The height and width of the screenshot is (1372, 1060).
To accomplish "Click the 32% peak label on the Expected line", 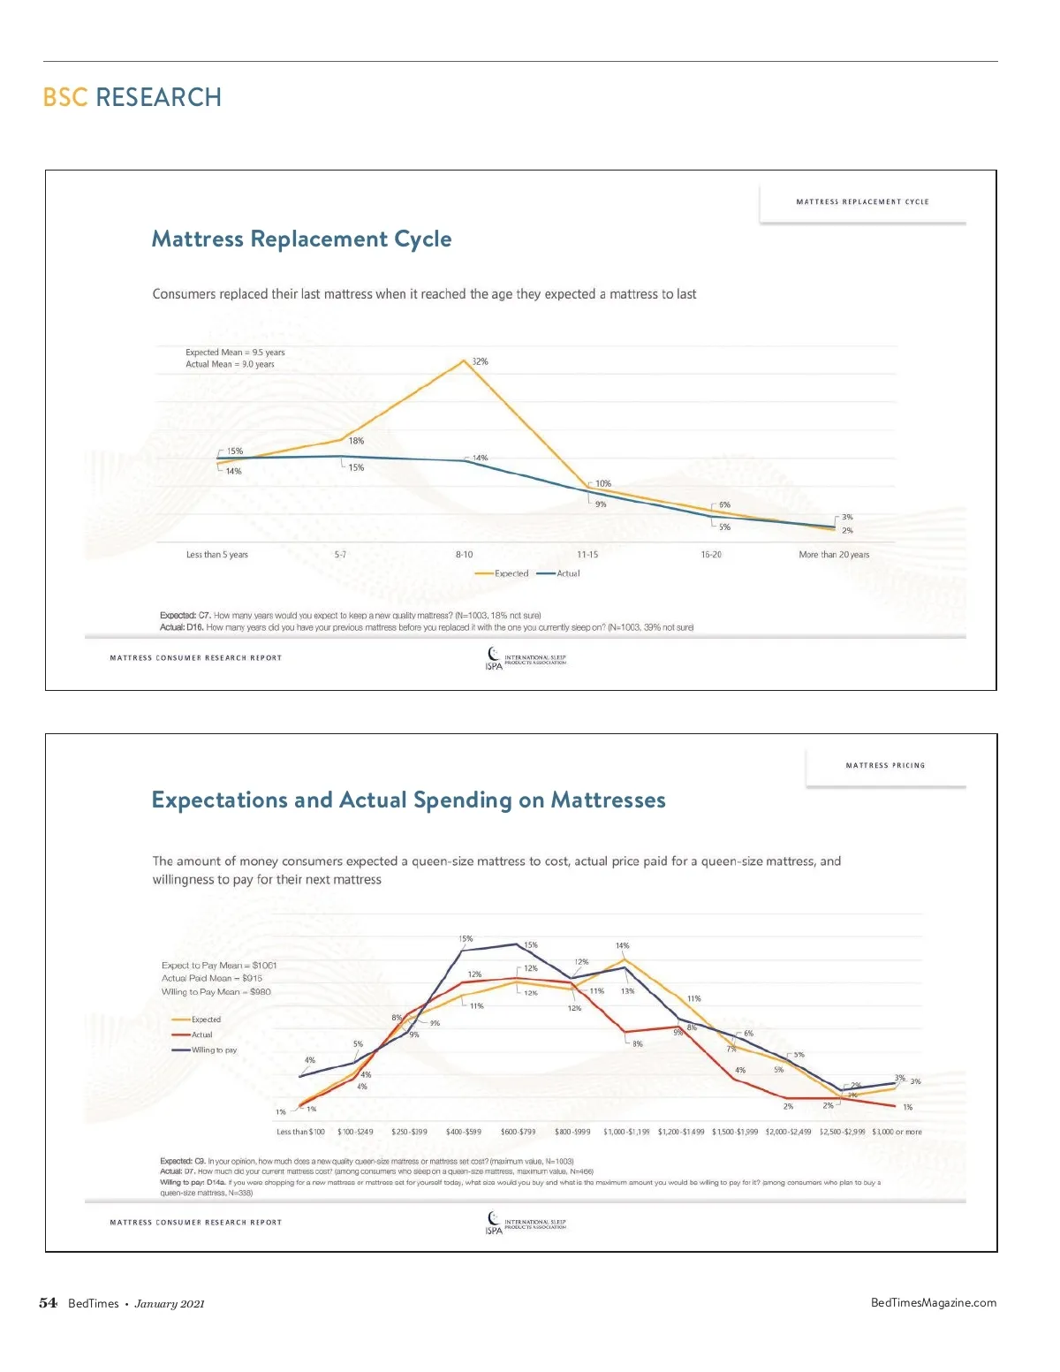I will [x=480, y=361].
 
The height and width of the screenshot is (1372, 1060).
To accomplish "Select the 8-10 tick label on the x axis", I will [x=464, y=555].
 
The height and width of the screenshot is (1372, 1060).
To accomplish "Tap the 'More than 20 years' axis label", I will [x=834, y=555].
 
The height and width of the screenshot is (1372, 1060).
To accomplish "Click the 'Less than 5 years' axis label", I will [x=217, y=555].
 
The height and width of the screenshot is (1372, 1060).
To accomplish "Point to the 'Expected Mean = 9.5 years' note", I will [x=235, y=352].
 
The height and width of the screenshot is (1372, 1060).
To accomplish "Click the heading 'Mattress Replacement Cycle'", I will [x=301, y=239].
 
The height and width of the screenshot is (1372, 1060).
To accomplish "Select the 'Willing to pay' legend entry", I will [x=205, y=1050].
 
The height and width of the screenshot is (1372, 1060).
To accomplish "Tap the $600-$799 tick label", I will [x=519, y=1132].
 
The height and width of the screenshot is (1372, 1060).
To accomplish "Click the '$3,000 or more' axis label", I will [x=897, y=1132].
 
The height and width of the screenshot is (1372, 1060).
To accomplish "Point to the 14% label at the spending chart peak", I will [x=623, y=946].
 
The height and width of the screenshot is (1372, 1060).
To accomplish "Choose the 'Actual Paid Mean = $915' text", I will [x=212, y=979].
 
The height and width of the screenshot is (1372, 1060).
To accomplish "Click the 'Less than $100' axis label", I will [x=300, y=1132].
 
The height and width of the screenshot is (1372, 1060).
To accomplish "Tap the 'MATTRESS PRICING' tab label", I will [x=885, y=766].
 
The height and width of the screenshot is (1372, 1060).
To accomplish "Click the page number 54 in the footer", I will [x=49, y=1303].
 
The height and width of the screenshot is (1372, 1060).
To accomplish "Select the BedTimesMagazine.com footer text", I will [x=934, y=1303].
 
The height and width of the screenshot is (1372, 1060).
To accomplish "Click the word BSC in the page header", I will [x=65, y=97].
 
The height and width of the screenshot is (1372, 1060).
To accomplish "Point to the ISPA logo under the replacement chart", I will [x=495, y=659].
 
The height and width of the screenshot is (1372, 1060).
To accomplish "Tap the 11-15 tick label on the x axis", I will [x=587, y=555].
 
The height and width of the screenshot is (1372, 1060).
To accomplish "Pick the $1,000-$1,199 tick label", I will [x=626, y=1132].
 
